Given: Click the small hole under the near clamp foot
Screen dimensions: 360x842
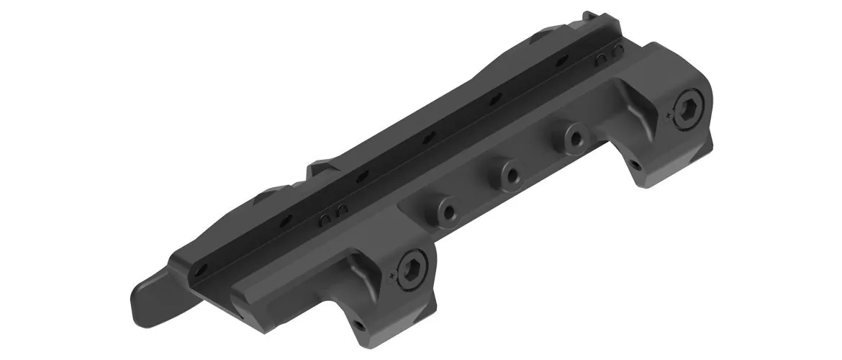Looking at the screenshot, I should pos(358,326).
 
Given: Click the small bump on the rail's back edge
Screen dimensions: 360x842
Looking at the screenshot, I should pos(317,169).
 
